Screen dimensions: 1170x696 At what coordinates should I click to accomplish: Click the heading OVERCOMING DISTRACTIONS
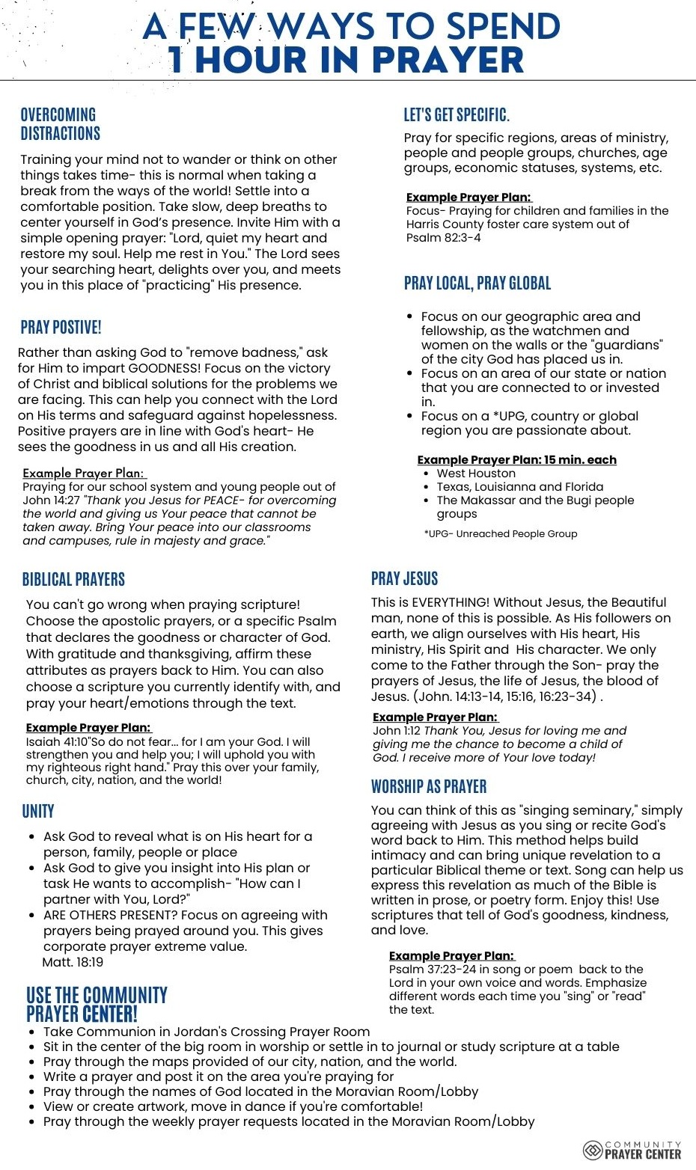[x=60, y=124]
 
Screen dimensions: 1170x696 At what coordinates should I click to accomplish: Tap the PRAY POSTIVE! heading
[x=61, y=327]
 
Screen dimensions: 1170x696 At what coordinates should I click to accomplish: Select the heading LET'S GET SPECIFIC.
[x=457, y=114]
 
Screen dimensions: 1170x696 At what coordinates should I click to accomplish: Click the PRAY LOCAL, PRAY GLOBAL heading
[x=477, y=283]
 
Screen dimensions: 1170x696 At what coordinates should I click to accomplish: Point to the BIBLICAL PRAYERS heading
[x=73, y=579]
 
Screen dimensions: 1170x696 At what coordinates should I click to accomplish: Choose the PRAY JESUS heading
[x=404, y=578]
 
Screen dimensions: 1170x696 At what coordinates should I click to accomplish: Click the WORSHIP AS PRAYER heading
[x=429, y=786]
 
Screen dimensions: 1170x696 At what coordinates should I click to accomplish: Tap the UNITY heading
[x=38, y=811]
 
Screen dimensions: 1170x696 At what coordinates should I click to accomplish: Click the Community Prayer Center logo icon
[x=593, y=1150]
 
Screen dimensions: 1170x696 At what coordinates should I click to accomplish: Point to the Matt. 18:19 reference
[x=73, y=962]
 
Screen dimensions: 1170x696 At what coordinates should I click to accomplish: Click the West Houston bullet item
[x=476, y=474]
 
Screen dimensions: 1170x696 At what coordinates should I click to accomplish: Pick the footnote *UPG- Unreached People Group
[x=501, y=534]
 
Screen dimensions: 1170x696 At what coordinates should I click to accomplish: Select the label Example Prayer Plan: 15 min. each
[x=516, y=459]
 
